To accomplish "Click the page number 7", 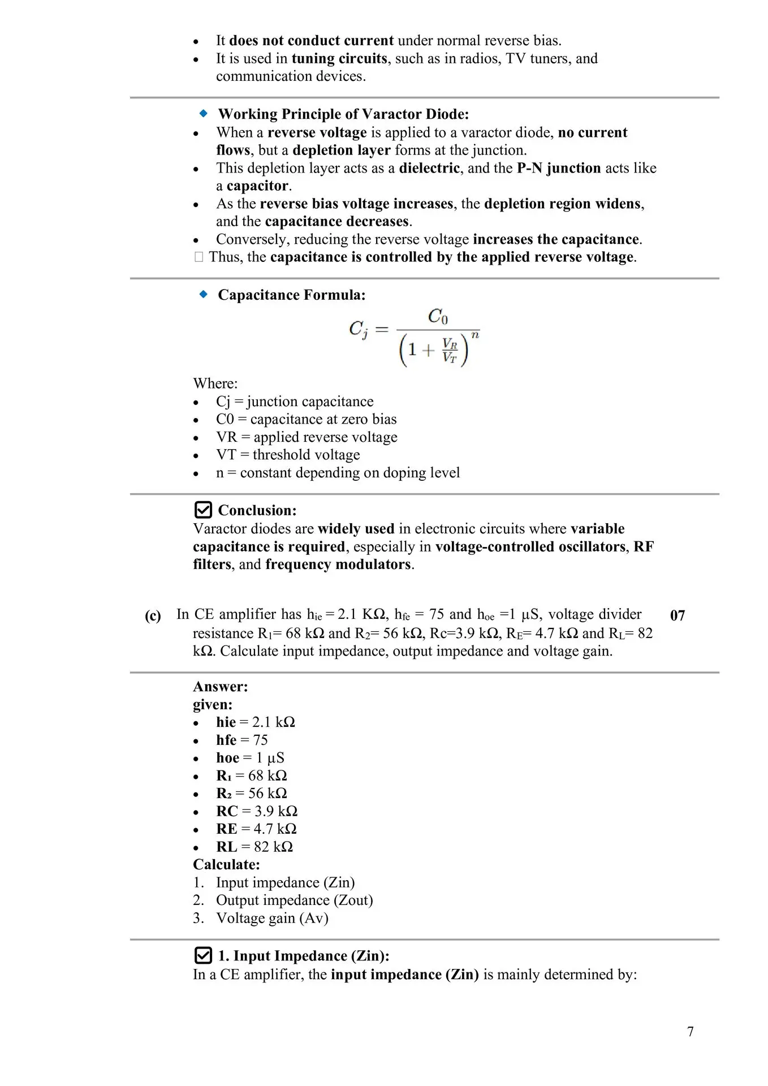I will coord(690,1031).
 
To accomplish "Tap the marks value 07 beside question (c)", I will coord(677,615).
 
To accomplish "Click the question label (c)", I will coord(153,615).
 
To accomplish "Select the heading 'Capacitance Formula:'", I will coord(291,295).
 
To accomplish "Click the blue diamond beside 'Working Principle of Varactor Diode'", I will coord(204,114).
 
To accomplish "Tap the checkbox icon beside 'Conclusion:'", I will coord(202,510).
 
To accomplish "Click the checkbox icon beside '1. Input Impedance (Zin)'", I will coord(202,955).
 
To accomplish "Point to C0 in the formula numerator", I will coord(438,316).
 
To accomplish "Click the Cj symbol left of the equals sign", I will coord(358,329).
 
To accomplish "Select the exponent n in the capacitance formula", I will coord(475,335).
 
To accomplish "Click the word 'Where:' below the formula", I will coord(215,383).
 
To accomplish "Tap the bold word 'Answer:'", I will coord(221,687).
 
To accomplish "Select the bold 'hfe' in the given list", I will coord(226,740).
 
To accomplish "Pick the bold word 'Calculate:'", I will coord(226,864).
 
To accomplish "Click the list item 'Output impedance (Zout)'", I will coord(294,900).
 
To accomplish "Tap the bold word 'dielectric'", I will coord(429,168).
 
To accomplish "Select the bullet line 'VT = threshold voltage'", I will coord(287,455).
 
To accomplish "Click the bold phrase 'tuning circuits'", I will coord(339,58).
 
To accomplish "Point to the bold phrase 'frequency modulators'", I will coord(338,564).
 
